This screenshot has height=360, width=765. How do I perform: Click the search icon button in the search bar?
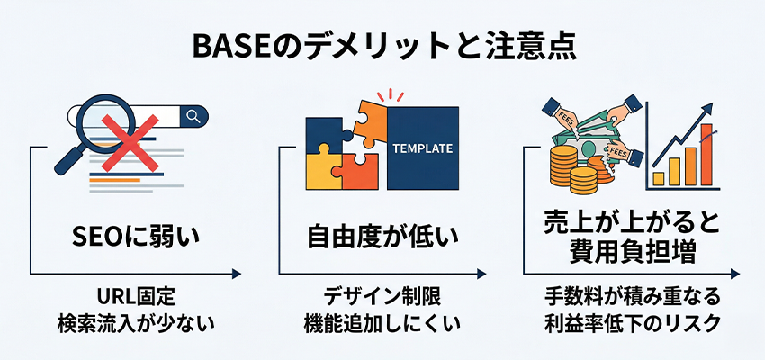point(193,115)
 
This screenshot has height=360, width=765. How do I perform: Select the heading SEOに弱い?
point(136,238)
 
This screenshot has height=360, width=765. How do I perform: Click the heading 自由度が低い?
point(382,238)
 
